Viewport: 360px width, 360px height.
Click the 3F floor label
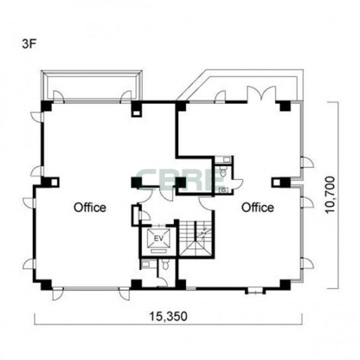click(29, 44)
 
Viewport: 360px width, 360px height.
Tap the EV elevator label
click(158, 238)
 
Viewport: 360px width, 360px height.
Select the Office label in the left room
click(90, 207)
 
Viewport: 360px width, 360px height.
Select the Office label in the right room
click(257, 207)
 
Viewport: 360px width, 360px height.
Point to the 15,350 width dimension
click(168, 316)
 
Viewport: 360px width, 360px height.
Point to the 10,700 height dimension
click(330, 195)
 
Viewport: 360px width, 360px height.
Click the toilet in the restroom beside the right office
click(223, 171)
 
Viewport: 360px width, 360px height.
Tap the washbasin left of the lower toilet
click(146, 264)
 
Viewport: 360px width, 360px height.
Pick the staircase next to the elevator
click(195, 238)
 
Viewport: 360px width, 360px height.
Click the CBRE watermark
click(180, 180)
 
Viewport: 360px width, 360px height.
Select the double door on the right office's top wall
click(261, 93)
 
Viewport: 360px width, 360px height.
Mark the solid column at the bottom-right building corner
click(285, 285)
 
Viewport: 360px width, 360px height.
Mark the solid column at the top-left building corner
click(46, 106)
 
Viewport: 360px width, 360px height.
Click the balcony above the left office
click(91, 85)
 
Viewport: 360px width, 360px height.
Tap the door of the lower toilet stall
click(163, 282)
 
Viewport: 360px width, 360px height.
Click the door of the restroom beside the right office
click(238, 183)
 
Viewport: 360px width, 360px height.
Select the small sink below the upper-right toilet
click(223, 190)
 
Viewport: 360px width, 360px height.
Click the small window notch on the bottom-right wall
click(255, 292)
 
